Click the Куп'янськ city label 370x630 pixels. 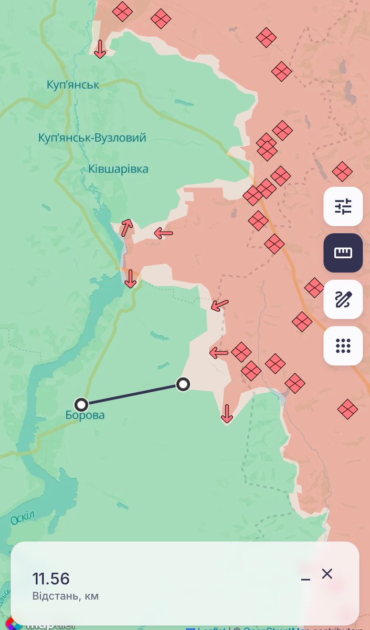point(72,85)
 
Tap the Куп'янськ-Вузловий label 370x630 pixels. point(92,138)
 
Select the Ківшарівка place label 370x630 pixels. point(118,169)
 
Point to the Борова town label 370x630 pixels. point(85,416)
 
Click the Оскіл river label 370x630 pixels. point(23,518)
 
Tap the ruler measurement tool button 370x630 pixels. point(343,253)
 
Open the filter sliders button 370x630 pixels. point(343,206)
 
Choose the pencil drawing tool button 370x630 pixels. point(343,299)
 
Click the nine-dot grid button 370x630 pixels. point(343,345)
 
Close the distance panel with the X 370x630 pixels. point(327,574)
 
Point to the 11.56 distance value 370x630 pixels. point(51,579)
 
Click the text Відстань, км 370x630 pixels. point(66,596)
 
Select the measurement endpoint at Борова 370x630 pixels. point(81,404)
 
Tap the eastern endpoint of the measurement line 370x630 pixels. point(183,385)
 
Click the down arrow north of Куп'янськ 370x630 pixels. point(100,49)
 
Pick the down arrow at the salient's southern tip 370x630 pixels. point(227,414)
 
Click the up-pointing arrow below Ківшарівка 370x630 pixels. point(126,228)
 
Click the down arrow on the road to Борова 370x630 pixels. point(130,278)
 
